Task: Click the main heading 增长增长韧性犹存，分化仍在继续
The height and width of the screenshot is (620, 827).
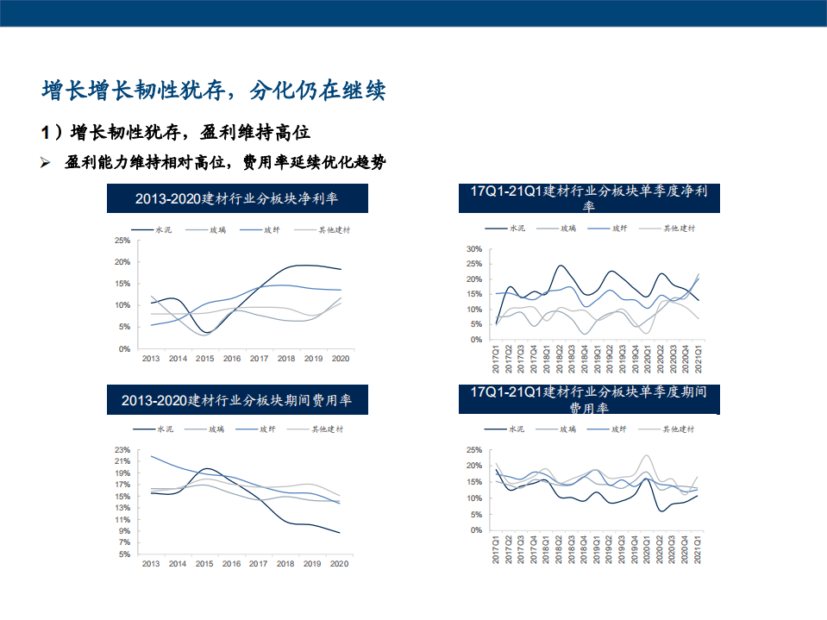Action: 214,90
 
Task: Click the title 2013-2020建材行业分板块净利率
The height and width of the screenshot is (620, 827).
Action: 237,198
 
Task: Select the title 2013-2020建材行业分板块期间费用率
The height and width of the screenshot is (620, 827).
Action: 237,401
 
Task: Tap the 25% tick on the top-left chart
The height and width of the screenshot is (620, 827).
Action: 122,240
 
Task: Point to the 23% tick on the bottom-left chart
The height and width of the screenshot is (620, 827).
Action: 122,450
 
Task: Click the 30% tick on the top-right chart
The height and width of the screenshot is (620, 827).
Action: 473,249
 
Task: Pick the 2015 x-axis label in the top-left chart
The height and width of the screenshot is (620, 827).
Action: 204,358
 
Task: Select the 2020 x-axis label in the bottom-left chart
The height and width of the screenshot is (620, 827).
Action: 340,563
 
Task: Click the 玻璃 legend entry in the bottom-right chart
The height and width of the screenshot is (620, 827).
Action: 567,429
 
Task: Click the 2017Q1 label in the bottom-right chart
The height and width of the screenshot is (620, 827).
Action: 497,551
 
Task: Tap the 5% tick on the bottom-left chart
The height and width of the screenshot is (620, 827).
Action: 123,554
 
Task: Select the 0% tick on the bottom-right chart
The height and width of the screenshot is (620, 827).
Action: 475,530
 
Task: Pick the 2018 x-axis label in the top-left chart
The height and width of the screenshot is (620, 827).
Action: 285,358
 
